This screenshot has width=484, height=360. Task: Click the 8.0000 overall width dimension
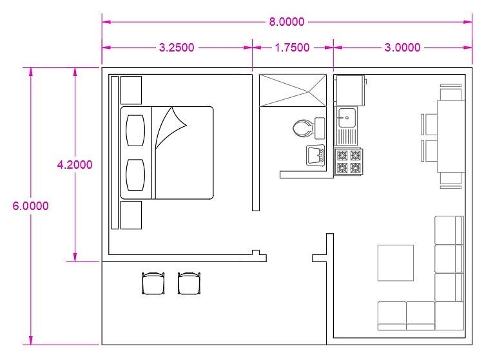click(x=287, y=22)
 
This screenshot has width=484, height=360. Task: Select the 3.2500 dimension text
click(x=177, y=48)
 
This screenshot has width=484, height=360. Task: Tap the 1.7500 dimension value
click(x=292, y=48)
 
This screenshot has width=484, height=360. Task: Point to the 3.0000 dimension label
click(x=403, y=48)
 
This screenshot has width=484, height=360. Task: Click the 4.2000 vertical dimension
click(x=75, y=164)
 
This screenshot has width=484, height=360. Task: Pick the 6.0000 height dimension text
click(x=30, y=205)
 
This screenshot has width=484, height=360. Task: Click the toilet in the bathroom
click(x=309, y=128)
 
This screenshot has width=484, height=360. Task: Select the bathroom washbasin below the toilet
click(x=315, y=156)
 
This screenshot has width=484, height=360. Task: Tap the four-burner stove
click(x=349, y=162)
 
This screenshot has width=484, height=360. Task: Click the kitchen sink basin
click(x=346, y=118)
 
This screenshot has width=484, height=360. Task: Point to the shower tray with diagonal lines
click(x=293, y=90)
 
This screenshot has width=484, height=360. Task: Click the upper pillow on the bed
click(x=135, y=130)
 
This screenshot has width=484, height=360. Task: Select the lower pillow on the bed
click(x=135, y=175)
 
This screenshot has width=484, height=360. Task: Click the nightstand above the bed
click(x=131, y=90)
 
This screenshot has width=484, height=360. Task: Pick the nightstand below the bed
click(x=131, y=215)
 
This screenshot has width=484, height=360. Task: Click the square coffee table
click(x=396, y=263)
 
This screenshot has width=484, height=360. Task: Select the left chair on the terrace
click(x=153, y=283)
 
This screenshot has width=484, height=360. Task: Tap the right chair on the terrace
click(x=189, y=283)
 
